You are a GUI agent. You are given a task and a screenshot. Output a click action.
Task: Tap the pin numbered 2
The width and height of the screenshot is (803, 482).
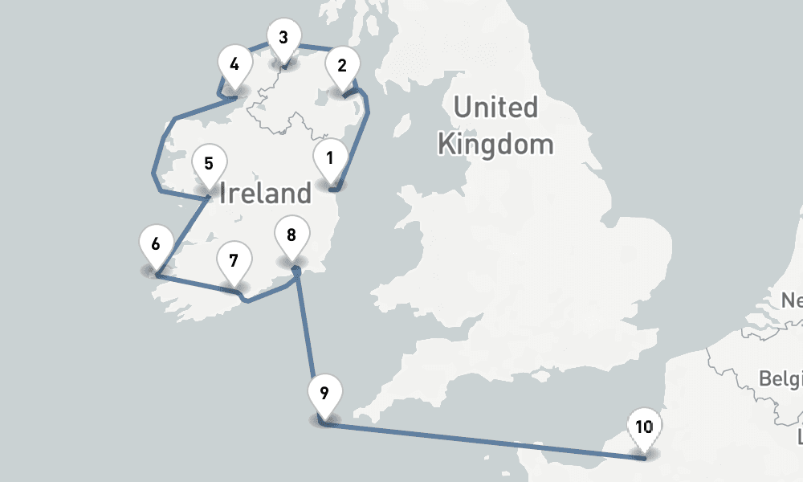pyautogui.click(x=342, y=66)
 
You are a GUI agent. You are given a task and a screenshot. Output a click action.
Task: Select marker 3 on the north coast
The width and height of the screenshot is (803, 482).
pyautogui.click(x=283, y=38)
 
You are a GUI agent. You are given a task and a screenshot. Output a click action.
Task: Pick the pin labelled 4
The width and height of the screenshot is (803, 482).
pyautogui.click(x=234, y=64)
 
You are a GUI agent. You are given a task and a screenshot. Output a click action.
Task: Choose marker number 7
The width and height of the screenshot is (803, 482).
pyautogui.click(x=234, y=261)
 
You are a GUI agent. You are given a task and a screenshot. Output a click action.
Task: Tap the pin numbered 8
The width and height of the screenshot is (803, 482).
pyautogui.click(x=291, y=235)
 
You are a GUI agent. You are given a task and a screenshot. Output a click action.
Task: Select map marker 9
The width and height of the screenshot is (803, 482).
pyautogui.click(x=324, y=394)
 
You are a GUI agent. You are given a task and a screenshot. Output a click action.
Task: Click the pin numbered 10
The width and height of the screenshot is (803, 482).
pyautogui.click(x=643, y=427)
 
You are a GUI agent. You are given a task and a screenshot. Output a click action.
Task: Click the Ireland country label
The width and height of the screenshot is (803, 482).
pyautogui.click(x=264, y=193)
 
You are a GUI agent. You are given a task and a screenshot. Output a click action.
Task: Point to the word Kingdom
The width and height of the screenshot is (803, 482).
pyautogui.click(x=495, y=145)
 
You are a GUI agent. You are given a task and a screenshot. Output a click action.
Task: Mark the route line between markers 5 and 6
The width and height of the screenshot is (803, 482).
pyautogui.click(x=183, y=235)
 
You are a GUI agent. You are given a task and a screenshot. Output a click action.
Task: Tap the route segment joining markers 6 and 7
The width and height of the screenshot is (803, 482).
pyautogui.click(x=197, y=285)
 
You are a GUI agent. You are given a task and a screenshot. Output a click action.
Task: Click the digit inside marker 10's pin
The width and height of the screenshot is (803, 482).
pyautogui.click(x=643, y=427)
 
